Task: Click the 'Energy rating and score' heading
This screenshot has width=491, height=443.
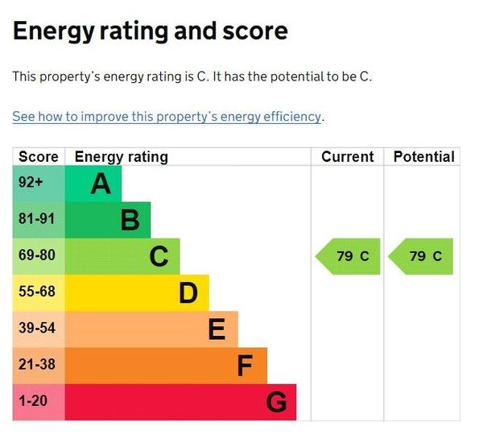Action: (150, 31)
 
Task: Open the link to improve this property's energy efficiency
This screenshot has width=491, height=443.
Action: (167, 117)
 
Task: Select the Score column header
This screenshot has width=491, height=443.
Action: (38, 157)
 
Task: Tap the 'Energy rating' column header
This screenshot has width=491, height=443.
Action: (121, 157)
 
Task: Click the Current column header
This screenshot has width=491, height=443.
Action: (348, 157)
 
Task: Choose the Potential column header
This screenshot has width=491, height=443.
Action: (423, 157)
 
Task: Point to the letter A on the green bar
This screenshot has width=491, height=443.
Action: (101, 184)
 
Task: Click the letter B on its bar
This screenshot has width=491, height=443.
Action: (130, 220)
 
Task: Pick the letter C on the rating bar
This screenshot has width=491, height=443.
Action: (159, 257)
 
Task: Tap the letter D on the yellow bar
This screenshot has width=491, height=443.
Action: (188, 293)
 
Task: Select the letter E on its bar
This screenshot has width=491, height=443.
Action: (217, 329)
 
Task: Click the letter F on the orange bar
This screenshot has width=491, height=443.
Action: (245, 366)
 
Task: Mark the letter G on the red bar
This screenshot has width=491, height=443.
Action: (276, 402)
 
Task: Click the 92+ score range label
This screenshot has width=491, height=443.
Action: (31, 183)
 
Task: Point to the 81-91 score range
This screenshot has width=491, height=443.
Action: (37, 219)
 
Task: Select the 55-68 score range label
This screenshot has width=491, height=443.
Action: (37, 292)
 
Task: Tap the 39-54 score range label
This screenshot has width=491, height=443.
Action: (37, 328)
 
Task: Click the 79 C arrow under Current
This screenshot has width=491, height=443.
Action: (349, 257)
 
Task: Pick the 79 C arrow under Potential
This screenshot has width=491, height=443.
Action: (422, 257)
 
